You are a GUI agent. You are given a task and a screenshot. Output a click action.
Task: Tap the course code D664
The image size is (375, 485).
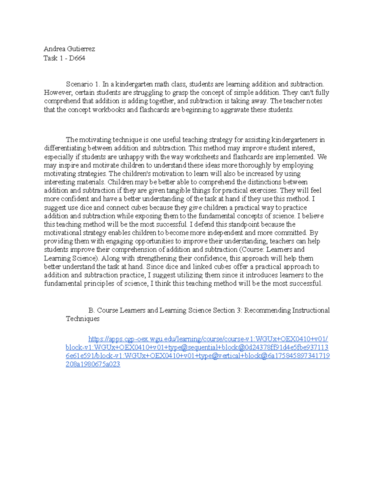pos(77,58)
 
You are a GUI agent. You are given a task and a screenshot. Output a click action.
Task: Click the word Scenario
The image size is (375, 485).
pos(79,84)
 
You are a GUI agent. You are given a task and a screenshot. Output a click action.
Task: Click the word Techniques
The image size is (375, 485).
pos(82,319)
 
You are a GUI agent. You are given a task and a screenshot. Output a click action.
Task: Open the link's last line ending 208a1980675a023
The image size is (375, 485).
pos(93,364)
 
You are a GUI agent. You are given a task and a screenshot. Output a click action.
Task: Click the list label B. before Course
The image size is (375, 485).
pos(92,310)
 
